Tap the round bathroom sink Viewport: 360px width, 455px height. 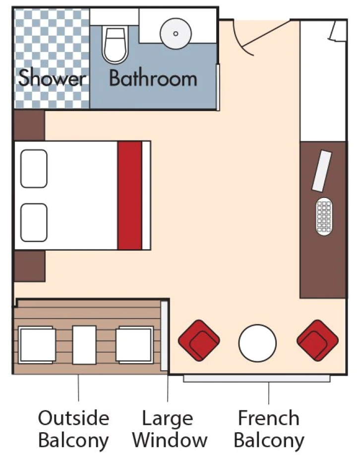pyautogui.click(x=175, y=33)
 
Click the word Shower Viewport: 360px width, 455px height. pyautogui.click(x=52, y=78)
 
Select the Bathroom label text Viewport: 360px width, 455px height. pyautogui.click(x=153, y=78)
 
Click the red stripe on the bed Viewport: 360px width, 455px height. pyautogui.click(x=129, y=195)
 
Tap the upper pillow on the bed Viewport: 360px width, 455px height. pyautogui.click(x=34, y=169)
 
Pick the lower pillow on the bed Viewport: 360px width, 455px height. pyautogui.click(x=34, y=222)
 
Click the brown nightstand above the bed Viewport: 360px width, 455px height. pyautogui.click(x=29, y=126)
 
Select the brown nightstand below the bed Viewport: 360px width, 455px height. pyautogui.click(x=29, y=266)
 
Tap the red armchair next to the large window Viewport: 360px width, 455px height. pyautogui.click(x=198, y=340)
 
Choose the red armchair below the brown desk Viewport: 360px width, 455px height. pyautogui.click(x=317, y=340)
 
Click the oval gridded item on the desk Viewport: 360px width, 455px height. pyautogui.click(x=324, y=216)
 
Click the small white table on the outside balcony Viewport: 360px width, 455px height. pyautogui.click(x=84, y=344)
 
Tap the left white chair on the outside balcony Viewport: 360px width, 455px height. pyautogui.click(x=37, y=345)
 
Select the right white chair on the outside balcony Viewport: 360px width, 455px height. pyautogui.click(x=134, y=345)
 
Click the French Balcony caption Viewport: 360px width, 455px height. pyautogui.click(x=269, y=429)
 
